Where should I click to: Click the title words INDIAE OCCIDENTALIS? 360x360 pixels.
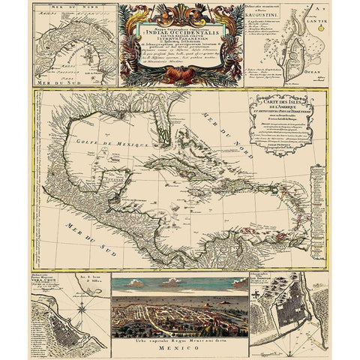pyautogui.click(x=177, y=31)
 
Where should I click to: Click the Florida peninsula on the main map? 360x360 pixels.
pyautogui.click(x=172, y=133)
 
